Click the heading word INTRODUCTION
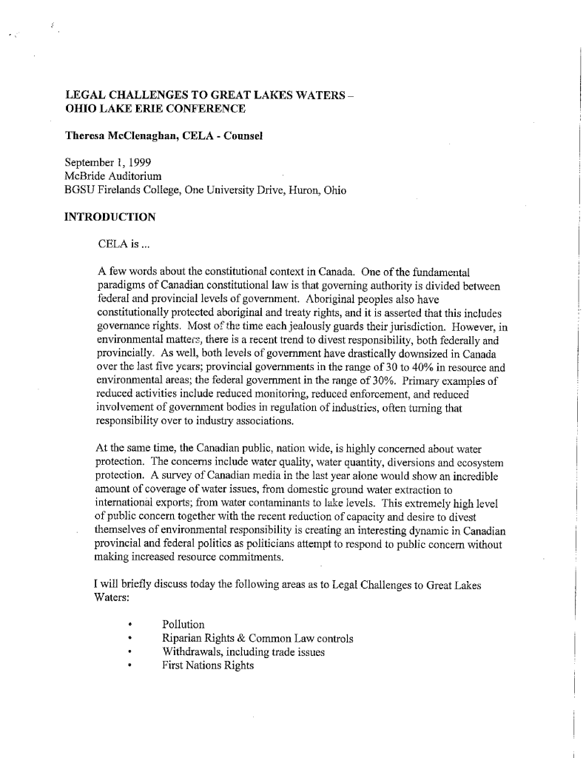click(110, 217)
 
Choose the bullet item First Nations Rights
click(208, 665)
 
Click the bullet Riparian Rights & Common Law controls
click(257, 638)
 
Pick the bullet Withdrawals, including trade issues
click(243, 652)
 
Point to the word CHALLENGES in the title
click(147, 95)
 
